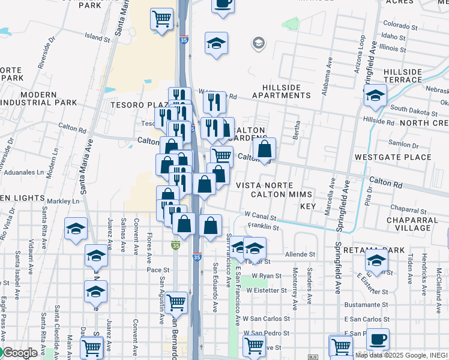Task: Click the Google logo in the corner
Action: [19, 353]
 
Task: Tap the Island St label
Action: [97, 37]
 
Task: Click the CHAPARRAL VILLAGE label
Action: [418, 224]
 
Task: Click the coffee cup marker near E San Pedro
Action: [378, 339]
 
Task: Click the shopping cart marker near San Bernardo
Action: [176, 302]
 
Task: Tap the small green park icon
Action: [292, 24]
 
